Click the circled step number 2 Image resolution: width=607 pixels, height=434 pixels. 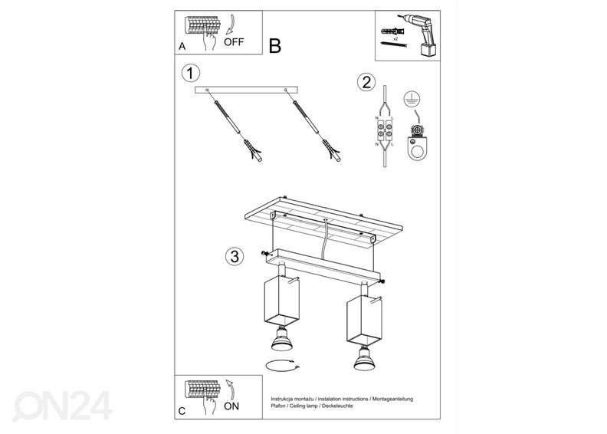367,82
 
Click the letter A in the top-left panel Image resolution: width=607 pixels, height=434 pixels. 182,46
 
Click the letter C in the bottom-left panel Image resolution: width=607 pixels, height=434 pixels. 182,411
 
